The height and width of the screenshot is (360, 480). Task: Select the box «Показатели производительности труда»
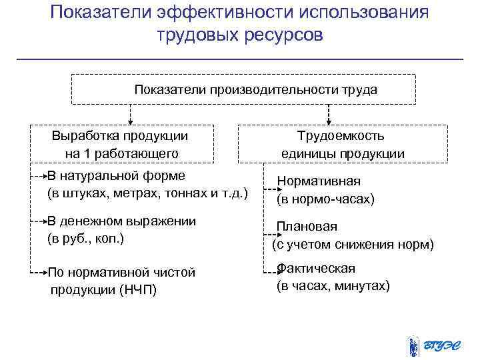tap(244, 90)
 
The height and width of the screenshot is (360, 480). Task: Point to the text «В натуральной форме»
tap(117, 175)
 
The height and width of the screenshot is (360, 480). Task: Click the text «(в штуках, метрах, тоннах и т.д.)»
tap(147, 193)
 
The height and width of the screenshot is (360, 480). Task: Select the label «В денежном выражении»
tap(122, 221)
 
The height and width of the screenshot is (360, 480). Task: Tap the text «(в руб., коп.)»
tap(86, 238)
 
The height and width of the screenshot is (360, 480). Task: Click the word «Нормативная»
tap(319, 181)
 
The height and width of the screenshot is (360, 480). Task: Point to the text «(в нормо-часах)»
tap(325, 199)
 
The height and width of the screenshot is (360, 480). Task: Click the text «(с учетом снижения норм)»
tap(353, 245)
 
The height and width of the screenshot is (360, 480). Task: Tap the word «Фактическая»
tap(317, 268)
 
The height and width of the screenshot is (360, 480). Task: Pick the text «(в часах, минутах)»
tap(333, 286)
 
